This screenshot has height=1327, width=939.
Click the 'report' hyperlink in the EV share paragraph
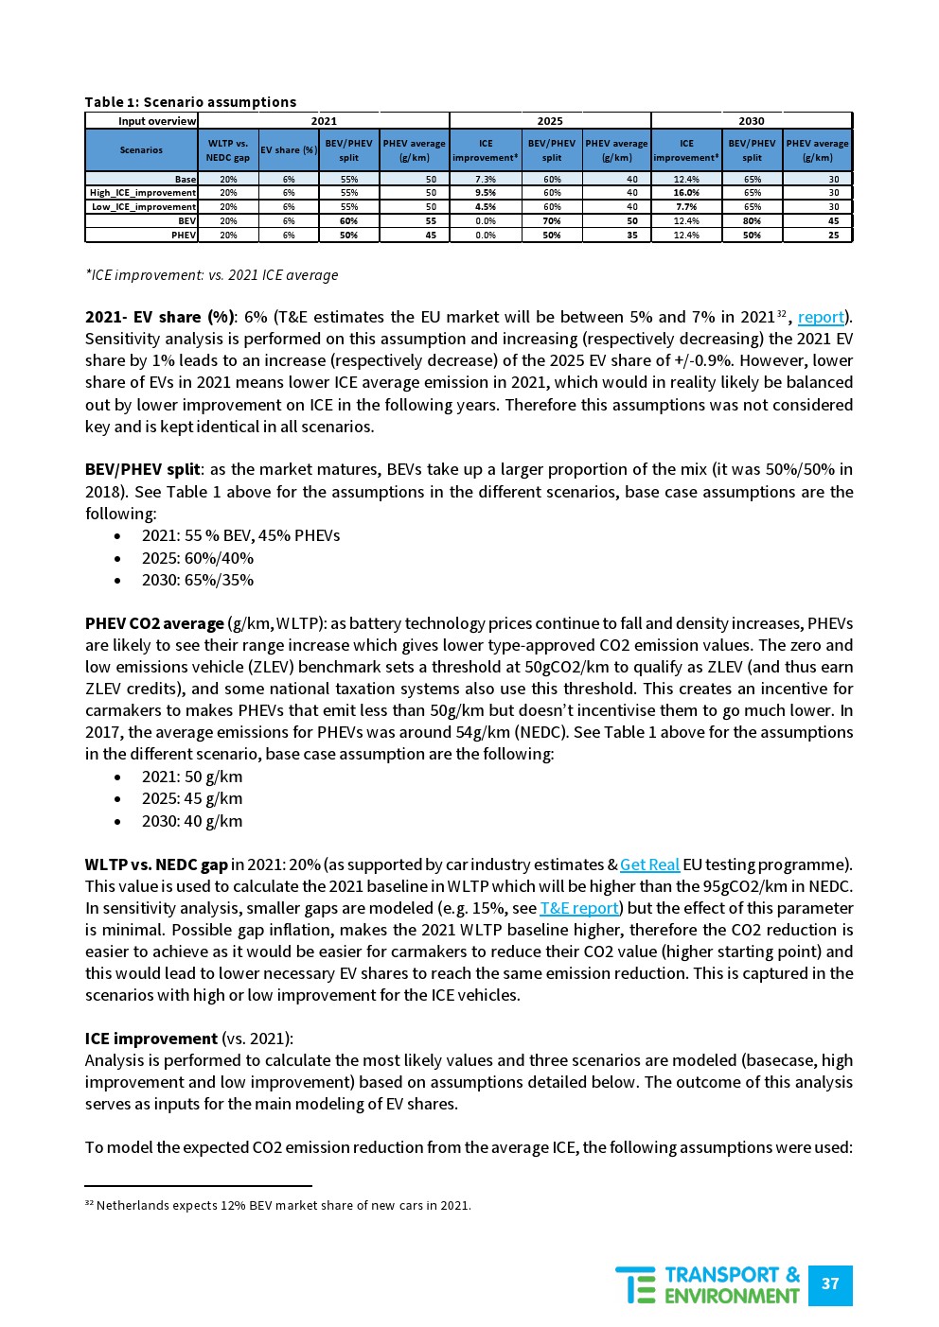[821, 318]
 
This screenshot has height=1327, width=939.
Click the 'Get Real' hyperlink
[649, 864]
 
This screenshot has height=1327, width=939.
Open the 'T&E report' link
[579, 908]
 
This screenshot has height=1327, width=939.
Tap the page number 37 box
[830, 1283]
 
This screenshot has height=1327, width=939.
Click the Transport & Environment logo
[708, 1284]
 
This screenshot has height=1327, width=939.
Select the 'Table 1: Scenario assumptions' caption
[190, 102]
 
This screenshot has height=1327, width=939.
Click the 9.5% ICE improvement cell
[486, 193]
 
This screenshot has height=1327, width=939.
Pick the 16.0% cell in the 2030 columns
[686, 193]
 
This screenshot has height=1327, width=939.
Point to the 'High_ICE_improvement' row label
[143, 193]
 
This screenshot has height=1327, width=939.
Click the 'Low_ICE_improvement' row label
[144, 207]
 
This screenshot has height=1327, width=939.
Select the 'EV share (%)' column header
[289, 150]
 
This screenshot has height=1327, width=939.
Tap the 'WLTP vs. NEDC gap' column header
[228, 150]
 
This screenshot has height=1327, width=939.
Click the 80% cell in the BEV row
[752, 221]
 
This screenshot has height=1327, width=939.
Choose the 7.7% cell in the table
[686, 207]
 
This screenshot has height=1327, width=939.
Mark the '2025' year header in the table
[550, 121]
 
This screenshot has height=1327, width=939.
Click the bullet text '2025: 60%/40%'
[198, 558]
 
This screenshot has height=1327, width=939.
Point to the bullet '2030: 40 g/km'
[192, 821]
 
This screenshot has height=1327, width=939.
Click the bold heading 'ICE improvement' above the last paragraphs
[151, 1039]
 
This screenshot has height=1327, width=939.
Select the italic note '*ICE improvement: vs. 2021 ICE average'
[211, 275]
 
